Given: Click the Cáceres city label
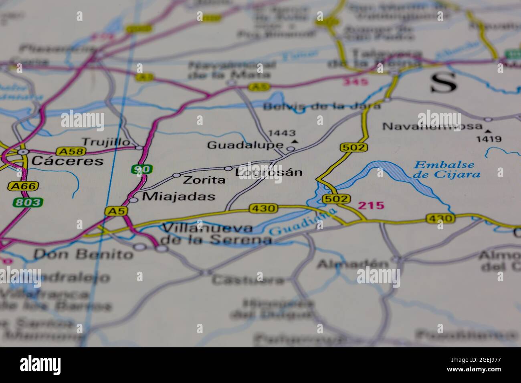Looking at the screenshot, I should coord(67,161).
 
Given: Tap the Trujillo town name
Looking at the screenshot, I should coord(106,142).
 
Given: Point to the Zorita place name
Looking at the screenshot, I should coord(204,180).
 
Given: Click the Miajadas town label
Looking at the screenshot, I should coord(179,196).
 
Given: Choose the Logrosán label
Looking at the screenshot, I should coord(269,173).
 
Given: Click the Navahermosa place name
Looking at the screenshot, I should coord(432,126).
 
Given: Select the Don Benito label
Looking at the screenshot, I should coord(83,254).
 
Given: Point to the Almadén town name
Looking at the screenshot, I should coord(353,264).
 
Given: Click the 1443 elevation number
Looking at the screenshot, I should coord(282,133).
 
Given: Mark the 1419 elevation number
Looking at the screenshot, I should coord(489,139).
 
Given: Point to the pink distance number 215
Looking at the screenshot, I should coord(371,206).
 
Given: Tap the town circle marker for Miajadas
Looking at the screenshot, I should coord(133,200).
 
